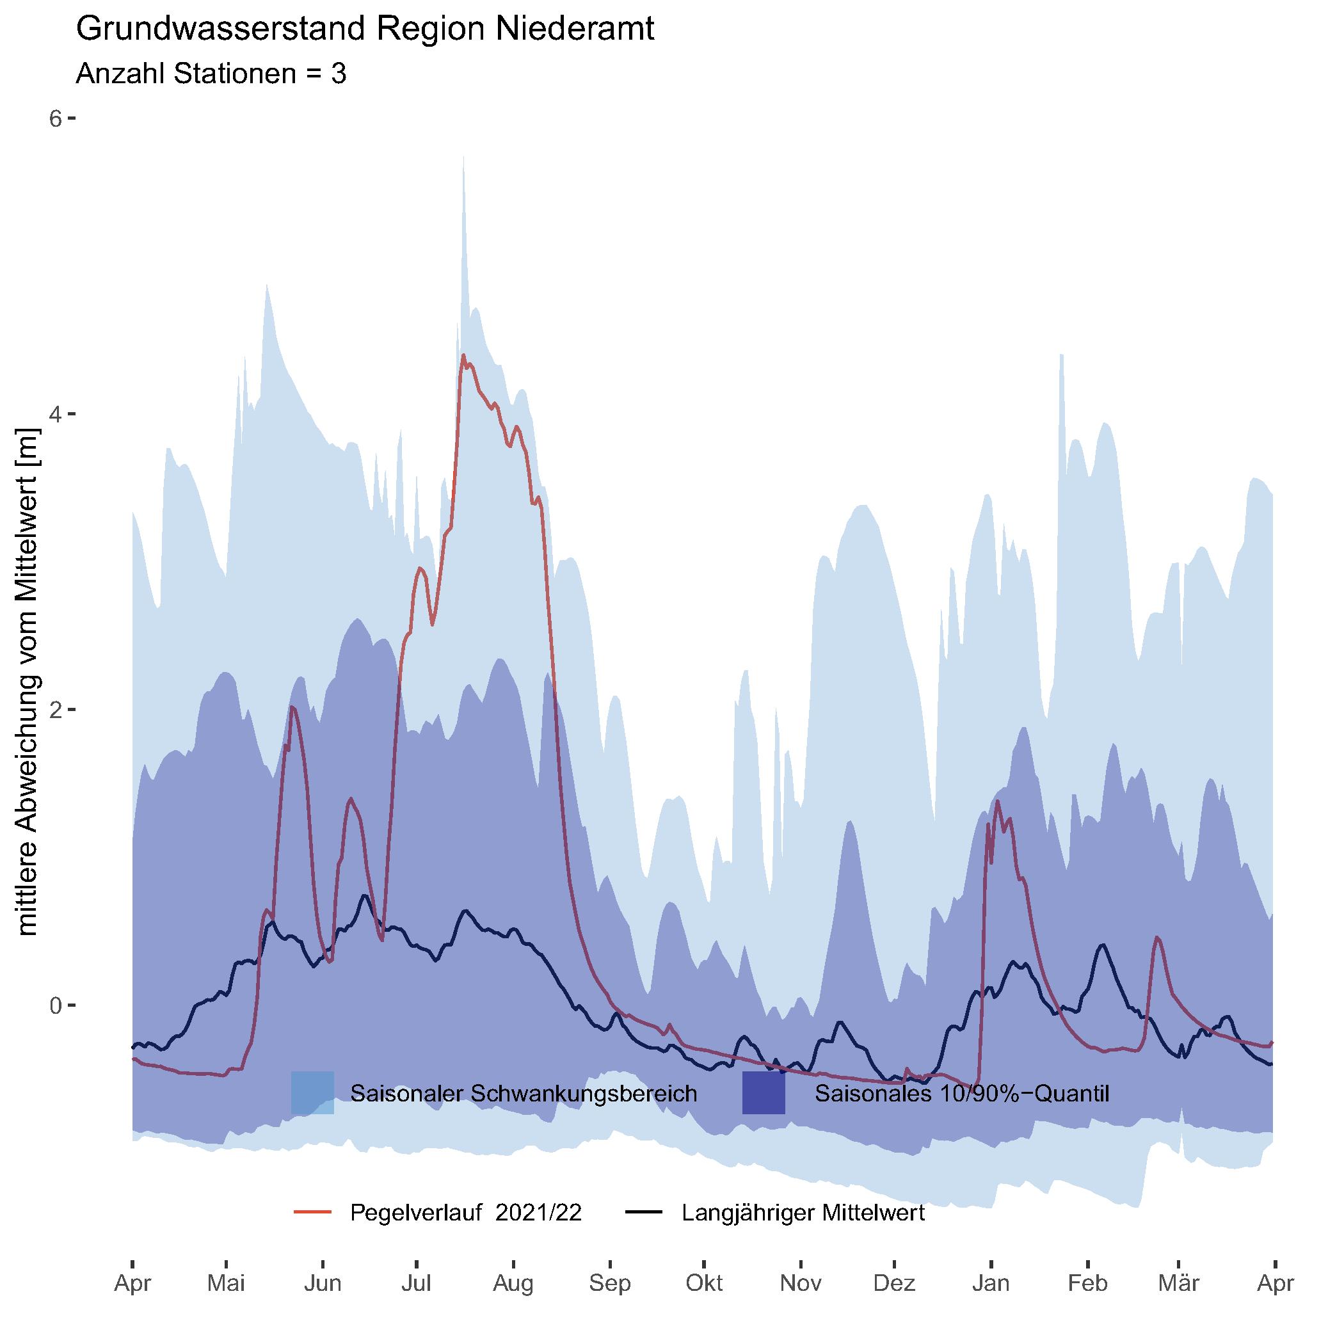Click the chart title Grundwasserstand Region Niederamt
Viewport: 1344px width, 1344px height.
click(x=365, y=30)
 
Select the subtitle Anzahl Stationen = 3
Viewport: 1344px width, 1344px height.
click(x=211, y=73)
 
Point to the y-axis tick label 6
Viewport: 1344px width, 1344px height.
click(x=55, y=118)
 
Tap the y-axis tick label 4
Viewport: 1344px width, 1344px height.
click(x=55, y=414)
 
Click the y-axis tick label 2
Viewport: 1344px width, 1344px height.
click(x=55, y=710)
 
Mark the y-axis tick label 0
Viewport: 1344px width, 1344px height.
click(x=55, y=1005)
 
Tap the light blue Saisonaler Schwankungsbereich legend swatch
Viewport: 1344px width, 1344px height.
click(x=312, y=1093)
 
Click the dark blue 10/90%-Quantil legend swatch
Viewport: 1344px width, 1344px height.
click(x=763, y=1093)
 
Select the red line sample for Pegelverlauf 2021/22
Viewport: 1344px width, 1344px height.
click(x=312, y=1213)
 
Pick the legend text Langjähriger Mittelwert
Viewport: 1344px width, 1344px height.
click(x=803, y=1213)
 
